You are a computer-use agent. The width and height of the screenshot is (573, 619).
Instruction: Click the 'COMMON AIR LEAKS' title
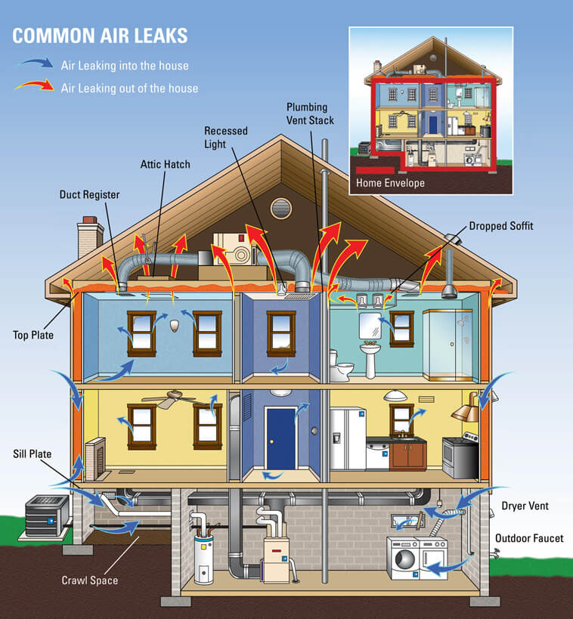100,36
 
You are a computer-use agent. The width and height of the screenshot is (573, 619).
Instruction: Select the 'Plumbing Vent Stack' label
310,113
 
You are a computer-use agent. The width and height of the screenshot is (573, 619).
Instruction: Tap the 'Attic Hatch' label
165,164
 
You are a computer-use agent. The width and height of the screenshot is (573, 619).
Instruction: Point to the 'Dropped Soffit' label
500,226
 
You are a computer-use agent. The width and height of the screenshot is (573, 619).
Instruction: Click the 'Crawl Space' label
90,580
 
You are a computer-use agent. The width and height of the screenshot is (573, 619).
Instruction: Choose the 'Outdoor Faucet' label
529,538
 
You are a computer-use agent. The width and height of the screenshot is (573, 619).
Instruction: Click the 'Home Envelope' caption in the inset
390,183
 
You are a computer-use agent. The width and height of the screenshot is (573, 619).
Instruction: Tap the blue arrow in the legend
36,63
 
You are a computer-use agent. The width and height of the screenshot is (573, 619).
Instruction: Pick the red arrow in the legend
35,85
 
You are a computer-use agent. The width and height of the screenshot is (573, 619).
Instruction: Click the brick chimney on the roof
90,236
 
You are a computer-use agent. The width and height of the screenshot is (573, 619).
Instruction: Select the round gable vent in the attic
281,208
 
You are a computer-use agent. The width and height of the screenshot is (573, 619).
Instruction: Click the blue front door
280,439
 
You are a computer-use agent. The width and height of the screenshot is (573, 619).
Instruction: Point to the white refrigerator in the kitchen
348,439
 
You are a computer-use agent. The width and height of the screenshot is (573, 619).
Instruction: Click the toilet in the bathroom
340,367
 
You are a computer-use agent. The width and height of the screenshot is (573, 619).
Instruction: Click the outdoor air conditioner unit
47,515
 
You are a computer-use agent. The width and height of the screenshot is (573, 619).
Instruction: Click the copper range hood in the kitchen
466,407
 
